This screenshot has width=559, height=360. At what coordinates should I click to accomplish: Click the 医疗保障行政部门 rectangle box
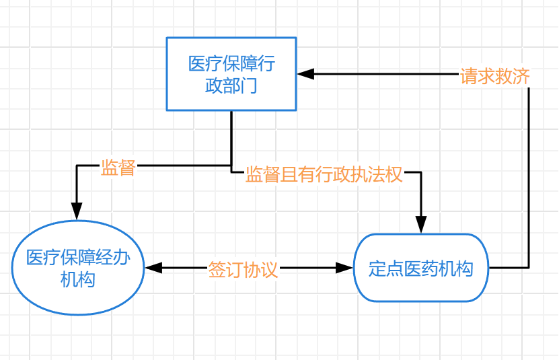click(231, 73)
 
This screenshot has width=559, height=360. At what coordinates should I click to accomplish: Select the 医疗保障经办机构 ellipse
click(78, 267)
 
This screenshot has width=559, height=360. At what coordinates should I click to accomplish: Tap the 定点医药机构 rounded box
click(421, 268)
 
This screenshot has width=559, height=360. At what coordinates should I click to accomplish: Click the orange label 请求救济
click(495, 76)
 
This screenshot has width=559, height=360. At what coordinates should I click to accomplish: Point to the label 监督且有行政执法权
click(324, 175)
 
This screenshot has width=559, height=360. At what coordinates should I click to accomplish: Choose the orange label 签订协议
click(243, 270)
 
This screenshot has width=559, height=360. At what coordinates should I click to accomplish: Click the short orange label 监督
click(118, 168)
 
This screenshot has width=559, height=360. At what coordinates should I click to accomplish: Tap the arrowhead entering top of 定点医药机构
click(421, 225)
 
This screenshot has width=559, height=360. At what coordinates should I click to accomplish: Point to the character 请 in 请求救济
click(469, 76)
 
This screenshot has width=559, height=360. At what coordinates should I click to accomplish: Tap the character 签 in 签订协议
click(217, 270)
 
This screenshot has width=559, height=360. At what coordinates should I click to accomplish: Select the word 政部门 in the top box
click(231, 85)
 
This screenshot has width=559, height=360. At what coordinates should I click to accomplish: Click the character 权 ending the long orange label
click(394, 175)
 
